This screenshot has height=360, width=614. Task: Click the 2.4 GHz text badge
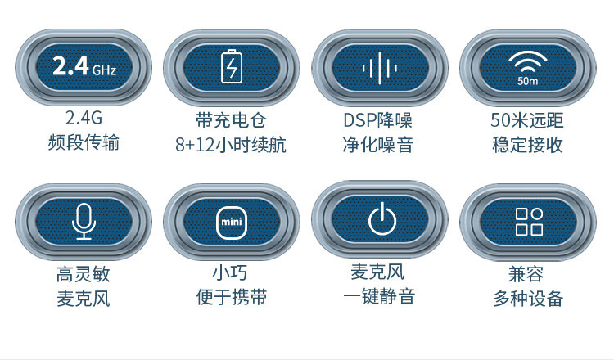tap(84, 68)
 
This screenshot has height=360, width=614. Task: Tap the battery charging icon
tap(232, 67)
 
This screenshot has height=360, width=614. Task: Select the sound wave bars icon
tap(379, 67)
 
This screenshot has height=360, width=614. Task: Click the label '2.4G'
tap(84, 120)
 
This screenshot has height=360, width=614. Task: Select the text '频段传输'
tap(84, 143)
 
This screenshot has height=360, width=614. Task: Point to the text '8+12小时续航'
tap(231, 145)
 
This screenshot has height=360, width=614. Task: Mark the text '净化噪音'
tap(377, 145)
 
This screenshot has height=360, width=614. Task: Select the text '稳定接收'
tap(527, 145)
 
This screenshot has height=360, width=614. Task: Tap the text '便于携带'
tap(232, 296)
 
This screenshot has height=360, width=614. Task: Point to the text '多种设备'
tap(527, 298)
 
